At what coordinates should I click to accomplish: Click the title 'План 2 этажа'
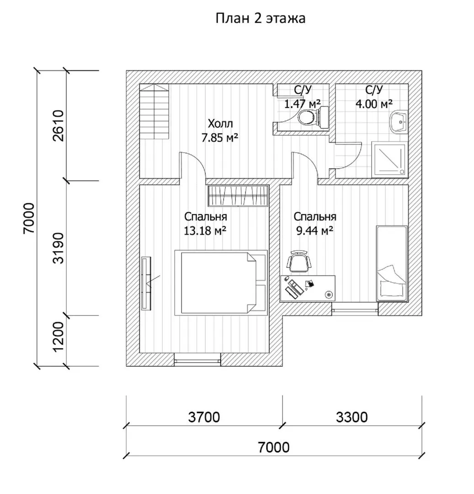tap(261, 19)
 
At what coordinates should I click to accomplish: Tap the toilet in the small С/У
tap(314, 118)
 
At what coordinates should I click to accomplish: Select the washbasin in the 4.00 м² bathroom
tap(399, 122)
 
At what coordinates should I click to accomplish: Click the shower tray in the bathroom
tap(389, 160)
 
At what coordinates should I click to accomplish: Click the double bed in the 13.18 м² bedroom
tap(221, 283)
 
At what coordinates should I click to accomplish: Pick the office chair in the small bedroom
tap(298, 262)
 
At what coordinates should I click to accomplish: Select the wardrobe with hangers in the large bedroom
tap(238, 196)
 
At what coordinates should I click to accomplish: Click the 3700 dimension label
tap(204, 417)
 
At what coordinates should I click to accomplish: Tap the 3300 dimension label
tap(352, 417)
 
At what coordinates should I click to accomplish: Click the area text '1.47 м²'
tap(303, 103)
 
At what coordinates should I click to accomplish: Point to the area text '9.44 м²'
tap(315, 231)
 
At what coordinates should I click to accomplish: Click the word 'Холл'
tap(220, 123)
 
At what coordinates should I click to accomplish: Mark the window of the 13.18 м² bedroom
tap(197, 360)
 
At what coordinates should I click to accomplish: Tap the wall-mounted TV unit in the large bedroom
tap(146, 283)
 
